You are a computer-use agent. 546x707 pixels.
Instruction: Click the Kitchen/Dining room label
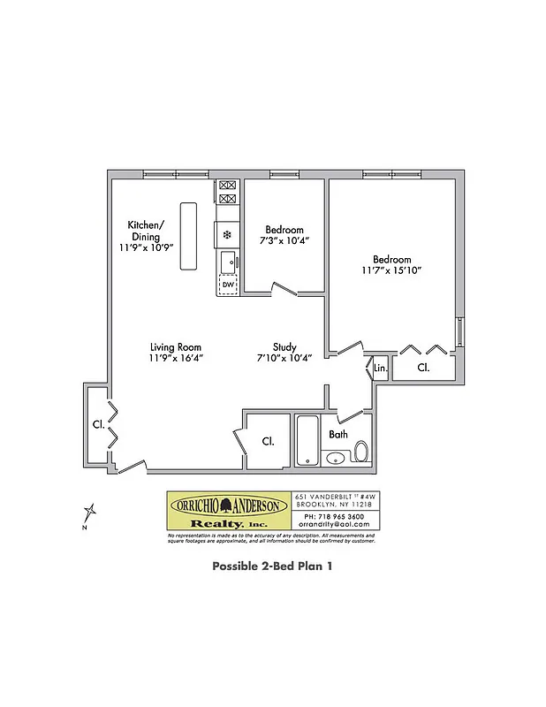click(x=143, y=230)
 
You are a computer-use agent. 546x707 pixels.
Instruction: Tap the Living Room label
click(x=175, y=347)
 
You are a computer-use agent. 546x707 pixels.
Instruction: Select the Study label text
click(x=284, y=347)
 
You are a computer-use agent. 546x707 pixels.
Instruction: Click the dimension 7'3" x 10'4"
click(x=284, y=240)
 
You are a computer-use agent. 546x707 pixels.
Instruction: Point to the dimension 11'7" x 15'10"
click(x=391, y=270)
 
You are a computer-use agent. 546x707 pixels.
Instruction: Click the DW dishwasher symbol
click(x=227, y=285)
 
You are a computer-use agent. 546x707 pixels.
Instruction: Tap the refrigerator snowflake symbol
click(x=227, y=235)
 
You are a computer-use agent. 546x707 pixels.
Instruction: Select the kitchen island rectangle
click(x=187, y=236)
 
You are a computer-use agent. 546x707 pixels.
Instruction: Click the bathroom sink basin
click(x=335, y=458)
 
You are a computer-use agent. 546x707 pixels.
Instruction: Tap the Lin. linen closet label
click(x=380, y=368)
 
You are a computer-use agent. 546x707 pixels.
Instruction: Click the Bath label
click(x=338, y=435)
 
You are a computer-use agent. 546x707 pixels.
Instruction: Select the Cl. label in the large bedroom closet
click(x=423, y=367)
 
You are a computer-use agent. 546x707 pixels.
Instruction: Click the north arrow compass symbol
click(x=89, y=513)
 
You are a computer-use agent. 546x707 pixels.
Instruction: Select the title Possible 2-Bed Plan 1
click(x=272, y=566)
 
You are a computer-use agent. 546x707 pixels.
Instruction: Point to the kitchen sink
click(x=227, y=261)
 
